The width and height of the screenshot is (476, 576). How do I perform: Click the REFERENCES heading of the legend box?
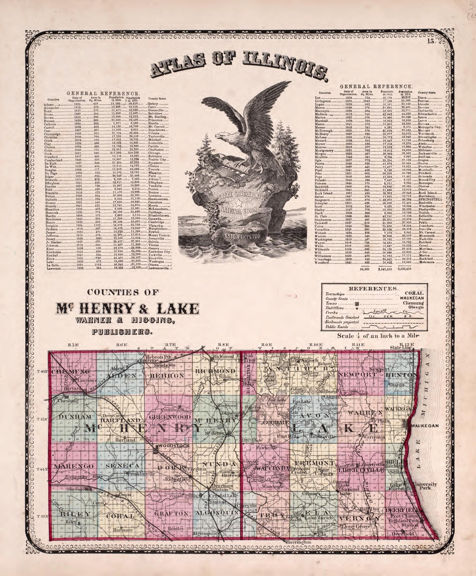pos(373,287)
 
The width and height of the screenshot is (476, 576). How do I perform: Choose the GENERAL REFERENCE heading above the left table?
pos(103,93)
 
